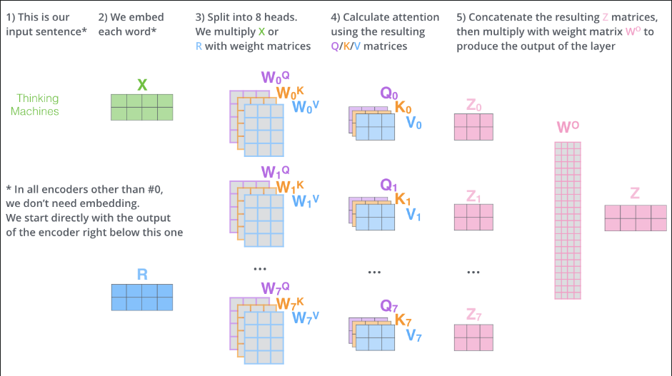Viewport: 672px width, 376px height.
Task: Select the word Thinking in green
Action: [38, 98]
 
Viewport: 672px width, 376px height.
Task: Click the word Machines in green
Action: [35, 111]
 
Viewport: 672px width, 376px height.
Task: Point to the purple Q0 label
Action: [389, 93]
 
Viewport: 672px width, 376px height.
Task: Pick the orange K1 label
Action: [403, 198]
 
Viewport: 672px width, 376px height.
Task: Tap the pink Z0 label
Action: [474, 106]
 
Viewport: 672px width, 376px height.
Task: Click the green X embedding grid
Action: [142, 106]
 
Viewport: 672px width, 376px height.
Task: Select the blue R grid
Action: [142, 297]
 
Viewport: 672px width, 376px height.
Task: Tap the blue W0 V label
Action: [306, 107]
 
